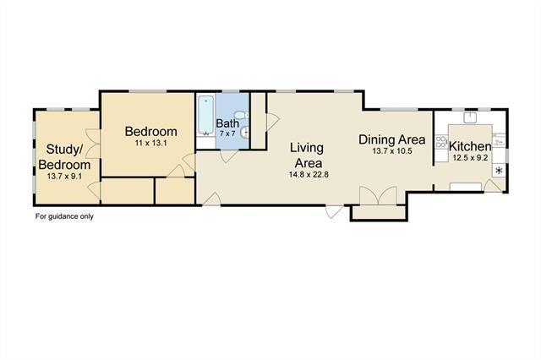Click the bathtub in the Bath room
click(x=206, y=116)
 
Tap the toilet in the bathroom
click(x=241, y=115)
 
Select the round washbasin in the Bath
click(x=244, y=132)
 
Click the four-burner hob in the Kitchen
click(x=441, y=142)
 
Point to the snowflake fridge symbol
click(x=499, y=171)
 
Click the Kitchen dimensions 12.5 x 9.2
click(x=470, y=158)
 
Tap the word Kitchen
click(x=470, y=146)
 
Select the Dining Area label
click(x=392, y=139)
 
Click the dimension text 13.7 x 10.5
click(x=392, y=151)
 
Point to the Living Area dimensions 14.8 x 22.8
click(x=309, y=174)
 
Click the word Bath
click(x=227, y=123)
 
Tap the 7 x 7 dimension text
click(x=227, y=134)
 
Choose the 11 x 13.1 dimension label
click(x=150, y=143)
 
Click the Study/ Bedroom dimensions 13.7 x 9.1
click(x=64, y=177)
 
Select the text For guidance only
click(x=64, y=216)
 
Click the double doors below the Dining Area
click(x=378, y=195)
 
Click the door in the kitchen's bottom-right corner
click(x=493, y=186)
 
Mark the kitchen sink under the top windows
click(x=470, y=117)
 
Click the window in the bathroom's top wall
click(x=231, y=91)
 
